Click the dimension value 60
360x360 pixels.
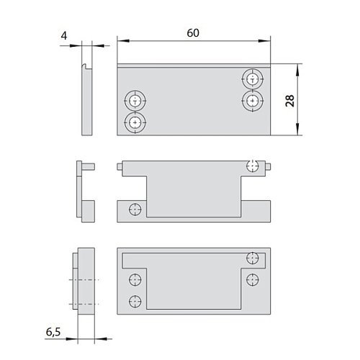point(193,33)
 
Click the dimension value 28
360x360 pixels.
point(290,101)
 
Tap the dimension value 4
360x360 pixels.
point(64,36)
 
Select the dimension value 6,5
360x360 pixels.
point(53,332)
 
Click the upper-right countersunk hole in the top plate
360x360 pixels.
point(253,79)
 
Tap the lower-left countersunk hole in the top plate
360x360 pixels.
point(135,122)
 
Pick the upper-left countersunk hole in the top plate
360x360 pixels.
point(135,101)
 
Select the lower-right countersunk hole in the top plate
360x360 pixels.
point(253,101)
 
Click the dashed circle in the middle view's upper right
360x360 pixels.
point(253,166)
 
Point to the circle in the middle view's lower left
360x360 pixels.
point(135,210)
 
